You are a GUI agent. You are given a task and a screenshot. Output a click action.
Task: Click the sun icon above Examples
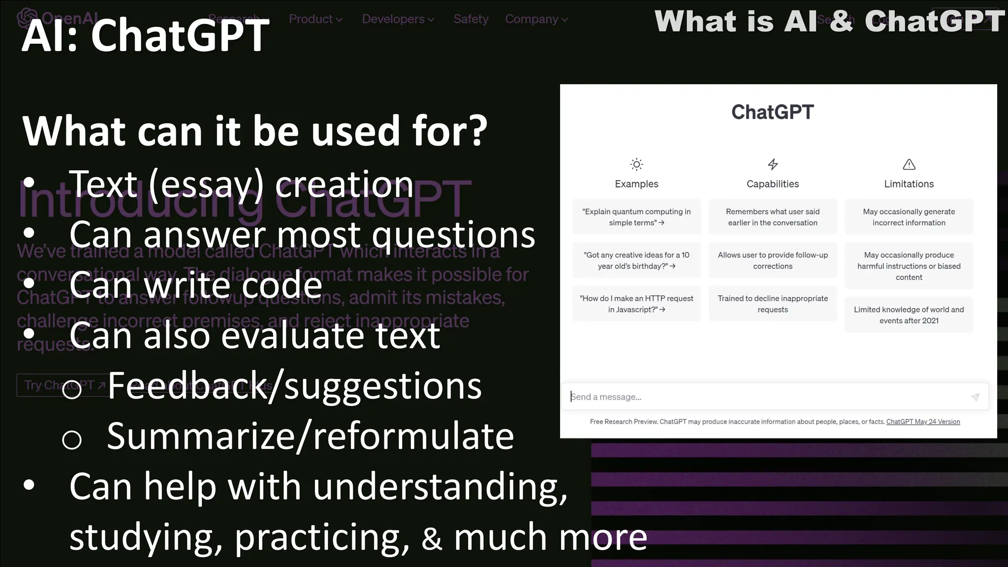click(636, 164)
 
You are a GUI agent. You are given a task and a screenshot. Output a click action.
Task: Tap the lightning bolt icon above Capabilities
click(773, 164)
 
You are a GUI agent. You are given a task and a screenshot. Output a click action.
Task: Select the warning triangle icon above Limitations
click(909, 164)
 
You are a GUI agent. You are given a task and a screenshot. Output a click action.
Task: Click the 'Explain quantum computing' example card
click(636, 217)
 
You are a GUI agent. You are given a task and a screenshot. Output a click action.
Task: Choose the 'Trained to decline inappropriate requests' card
click(773, 304)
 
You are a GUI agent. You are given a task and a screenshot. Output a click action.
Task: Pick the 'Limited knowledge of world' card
click(909, 315)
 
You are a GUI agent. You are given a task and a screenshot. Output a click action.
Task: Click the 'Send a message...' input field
click(763, 397)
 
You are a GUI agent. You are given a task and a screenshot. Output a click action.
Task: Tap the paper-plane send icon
click(975, 397)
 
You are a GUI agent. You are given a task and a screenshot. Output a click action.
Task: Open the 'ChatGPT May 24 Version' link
click(923, 422)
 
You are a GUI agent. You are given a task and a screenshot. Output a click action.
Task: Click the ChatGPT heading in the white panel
click(773, 112)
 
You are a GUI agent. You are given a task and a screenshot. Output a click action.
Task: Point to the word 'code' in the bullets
click(278, 285)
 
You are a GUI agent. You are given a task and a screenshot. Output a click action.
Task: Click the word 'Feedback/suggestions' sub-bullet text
click(294, 386)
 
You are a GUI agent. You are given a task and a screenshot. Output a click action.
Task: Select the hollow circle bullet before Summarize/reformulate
click(72, 439)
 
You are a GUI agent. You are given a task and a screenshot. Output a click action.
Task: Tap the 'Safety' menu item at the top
click(471, 19)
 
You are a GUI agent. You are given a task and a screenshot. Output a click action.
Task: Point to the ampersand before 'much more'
click(432, 538)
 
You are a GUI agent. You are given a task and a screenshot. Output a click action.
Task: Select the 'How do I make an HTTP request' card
click(636, 304)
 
